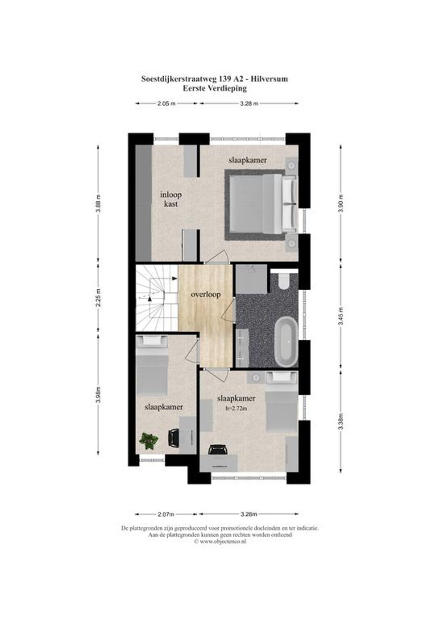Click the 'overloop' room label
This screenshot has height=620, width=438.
click(206, 294)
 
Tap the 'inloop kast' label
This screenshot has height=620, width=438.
click(171, 199)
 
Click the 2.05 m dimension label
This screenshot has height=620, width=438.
click(166, 104)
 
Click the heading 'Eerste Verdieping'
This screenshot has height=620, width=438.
click(215, 88)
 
